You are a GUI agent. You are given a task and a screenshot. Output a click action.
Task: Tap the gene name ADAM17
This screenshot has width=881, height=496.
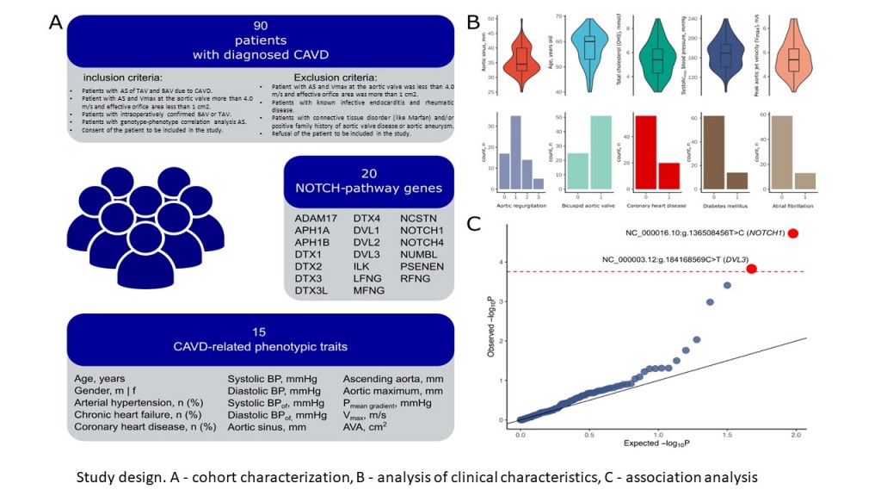point(316,227)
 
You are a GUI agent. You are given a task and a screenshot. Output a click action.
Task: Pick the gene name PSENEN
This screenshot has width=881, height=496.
point(422,278)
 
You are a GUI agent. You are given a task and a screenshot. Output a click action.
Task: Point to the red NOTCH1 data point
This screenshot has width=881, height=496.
point(793,233)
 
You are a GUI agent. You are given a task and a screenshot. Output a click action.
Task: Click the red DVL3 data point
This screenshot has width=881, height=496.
point(751,269)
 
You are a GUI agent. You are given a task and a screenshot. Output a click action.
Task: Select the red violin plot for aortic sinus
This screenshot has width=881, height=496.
point(520,59)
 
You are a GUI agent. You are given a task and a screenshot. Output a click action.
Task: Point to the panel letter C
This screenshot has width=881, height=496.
point(472,225)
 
